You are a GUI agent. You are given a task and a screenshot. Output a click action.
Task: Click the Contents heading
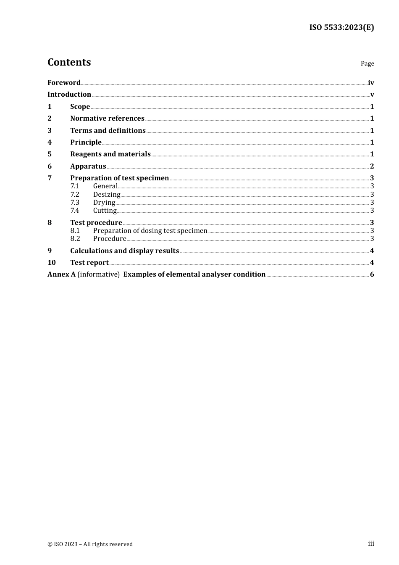[69, 62]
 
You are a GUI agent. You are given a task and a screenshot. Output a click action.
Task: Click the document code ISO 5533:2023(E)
[341, 27]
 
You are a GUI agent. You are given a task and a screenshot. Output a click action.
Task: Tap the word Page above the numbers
[367, 63]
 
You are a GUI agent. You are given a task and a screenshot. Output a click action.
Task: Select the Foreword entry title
[64, 82]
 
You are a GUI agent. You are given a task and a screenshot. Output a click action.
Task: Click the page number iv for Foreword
[371, 82]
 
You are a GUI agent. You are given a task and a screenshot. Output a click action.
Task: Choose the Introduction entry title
[69, 94]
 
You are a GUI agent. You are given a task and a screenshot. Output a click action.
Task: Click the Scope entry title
[80, 106]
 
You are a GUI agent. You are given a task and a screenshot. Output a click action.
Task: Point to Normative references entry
[107, 118]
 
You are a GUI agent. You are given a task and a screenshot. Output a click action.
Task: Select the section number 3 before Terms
[50, 130]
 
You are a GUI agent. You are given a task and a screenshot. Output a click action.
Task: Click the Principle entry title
[86, 142]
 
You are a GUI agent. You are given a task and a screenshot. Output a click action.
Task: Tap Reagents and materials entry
[110, 154]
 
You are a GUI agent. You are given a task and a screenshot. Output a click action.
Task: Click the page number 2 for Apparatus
[372, 166]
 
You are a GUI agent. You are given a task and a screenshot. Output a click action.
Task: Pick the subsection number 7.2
[75, 194]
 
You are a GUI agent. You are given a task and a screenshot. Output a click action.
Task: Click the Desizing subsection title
[107, 194]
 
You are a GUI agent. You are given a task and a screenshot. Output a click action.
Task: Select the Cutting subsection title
[105, 210]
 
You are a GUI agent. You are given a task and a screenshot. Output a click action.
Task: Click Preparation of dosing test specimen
[150, 230]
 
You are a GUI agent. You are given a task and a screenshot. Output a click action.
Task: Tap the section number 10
[51, 262]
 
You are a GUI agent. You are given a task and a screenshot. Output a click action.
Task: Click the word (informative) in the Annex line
[99, 274]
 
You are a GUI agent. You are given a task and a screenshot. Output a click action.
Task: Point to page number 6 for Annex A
[372, 274]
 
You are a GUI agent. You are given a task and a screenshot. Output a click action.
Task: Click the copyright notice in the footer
[90, 544]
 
